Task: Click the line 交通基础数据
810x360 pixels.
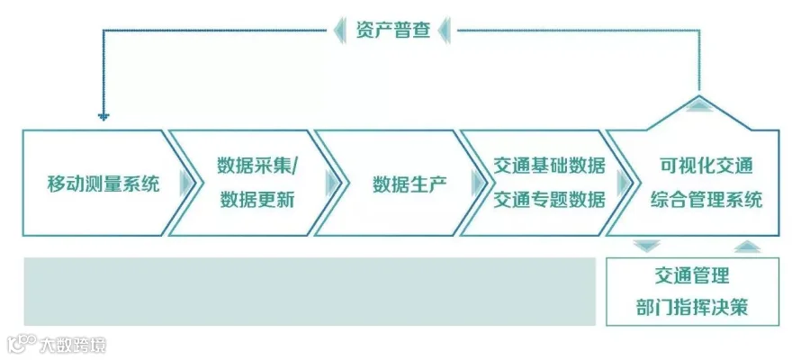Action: click(549, 166)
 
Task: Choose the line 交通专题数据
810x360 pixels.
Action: click(549, 200)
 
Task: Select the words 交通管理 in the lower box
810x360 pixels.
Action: click(692, 275)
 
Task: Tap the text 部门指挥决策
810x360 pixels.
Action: click(692, 308)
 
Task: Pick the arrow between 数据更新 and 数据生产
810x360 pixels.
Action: click(332, 184)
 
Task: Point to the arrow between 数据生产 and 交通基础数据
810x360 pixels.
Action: click(478, 184)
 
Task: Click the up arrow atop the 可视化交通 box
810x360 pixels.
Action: click(698, 106)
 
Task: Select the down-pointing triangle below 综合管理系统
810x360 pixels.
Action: click(647, 245)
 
